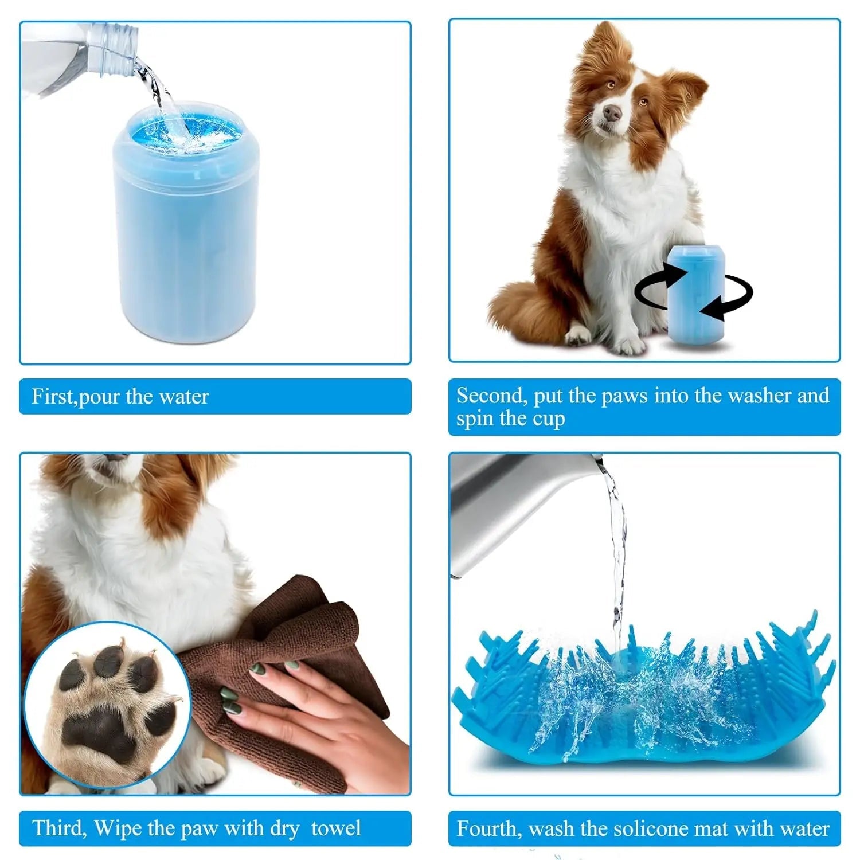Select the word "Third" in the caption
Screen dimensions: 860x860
[x=58, y=828]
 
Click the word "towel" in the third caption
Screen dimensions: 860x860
[x=336, y=828]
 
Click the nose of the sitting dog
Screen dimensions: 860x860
[x=612, y=112]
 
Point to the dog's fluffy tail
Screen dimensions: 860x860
[x=519, y=312]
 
